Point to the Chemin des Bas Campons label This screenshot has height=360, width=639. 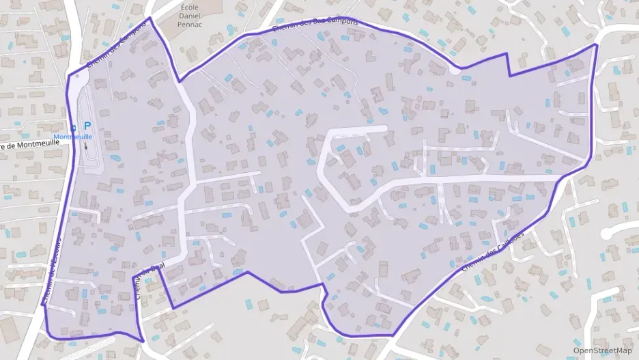[315, 25]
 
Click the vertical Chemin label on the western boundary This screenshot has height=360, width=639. [53, 271]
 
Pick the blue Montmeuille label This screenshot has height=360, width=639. [73, 137]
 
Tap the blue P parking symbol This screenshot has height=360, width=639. [87, 125]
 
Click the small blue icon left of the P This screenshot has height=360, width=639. [74, 126]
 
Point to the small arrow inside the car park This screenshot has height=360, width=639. [87, 146]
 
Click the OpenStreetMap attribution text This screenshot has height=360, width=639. [602, 350]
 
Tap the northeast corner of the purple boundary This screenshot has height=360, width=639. [597, 44]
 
